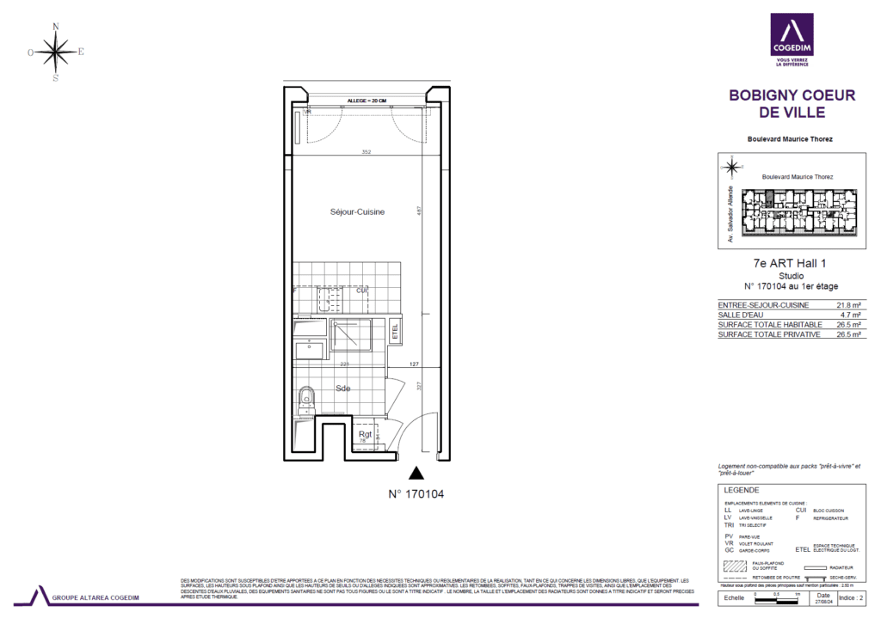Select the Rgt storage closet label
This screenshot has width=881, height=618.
pyautogui.click(x=366, y=435)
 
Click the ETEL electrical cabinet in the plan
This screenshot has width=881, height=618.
pyautogui.click(x=395, y=329)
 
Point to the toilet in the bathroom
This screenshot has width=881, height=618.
pyautogui.click(x=305, y=400)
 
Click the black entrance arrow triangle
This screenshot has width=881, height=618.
pyautogui.click(x=417, y=472)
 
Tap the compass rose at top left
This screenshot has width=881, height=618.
pyautogui.click(x=56, y=52)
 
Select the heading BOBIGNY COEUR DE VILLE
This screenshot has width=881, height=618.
pyautogui.click(x=792, y=104)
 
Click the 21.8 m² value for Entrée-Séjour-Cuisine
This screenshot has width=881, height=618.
pyautogui.click(x=848, y=305)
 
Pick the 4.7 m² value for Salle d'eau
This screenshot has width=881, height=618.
pyautogui.click(x=850, y=315)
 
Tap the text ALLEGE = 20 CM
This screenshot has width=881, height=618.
pyautogui.click(x=366, y=101)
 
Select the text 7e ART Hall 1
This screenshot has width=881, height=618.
pyautogui.click(x=792, y=264)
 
